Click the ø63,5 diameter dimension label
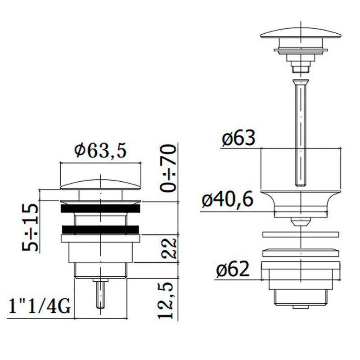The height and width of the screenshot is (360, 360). (x=100, y=151)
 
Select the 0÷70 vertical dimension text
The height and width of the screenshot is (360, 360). (x=168, y=168)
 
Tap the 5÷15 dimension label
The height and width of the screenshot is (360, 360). (x=30, y=228)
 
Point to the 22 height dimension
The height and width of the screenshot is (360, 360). (x=170, y=248)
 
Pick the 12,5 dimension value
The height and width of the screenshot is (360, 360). (x=166, y=300)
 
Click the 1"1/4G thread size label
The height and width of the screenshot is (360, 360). (x=40, y=306)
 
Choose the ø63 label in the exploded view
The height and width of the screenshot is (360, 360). (x=238, y=138)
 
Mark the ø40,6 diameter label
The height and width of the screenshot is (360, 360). (x=228, y=199)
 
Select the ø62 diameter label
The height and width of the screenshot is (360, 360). (x=233, y=269)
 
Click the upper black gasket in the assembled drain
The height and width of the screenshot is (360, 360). (x=100, y=208)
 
